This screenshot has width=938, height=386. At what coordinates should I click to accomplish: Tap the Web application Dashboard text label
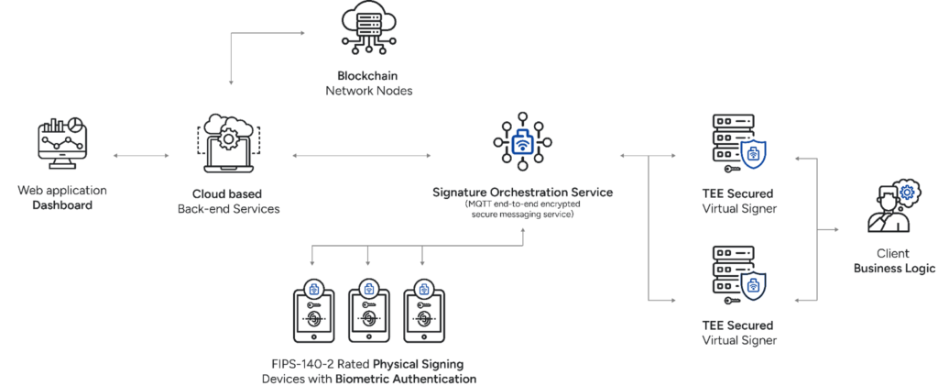(62, 198)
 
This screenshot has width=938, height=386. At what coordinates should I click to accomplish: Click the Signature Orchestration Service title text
(522, 193)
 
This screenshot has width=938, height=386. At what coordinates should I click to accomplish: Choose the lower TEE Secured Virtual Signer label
(737, 332)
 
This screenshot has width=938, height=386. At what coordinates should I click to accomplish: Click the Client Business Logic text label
(893, 261)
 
